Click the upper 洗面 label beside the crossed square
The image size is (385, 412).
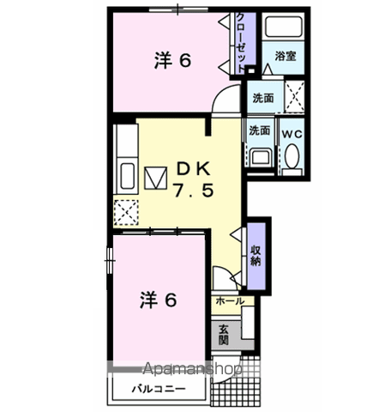262,98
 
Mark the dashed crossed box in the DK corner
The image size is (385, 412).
126,212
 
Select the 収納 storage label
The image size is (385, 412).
256,255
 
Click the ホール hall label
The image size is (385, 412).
229,302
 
